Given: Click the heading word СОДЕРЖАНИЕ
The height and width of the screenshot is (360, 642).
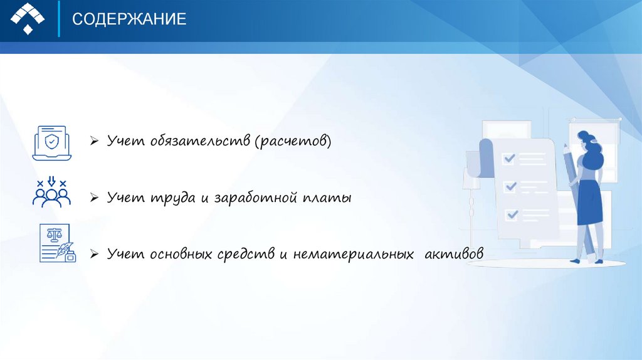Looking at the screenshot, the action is tap(129, 19).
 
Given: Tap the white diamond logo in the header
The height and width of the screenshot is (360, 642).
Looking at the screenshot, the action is tap(28, 18).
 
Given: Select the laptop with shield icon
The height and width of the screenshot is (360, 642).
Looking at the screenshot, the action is tap(51, 143).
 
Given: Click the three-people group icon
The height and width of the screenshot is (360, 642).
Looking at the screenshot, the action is tap(51, 192).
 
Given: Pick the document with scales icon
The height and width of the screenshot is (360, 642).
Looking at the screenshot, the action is tap(57, 243).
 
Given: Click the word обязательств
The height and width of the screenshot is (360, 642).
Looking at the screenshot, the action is tap(200, 140).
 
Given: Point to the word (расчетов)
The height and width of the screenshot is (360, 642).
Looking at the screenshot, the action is tap(293, 141).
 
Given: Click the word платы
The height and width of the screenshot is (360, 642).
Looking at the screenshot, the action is tap(327, 198).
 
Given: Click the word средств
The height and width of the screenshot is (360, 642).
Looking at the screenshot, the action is tap(246, 254).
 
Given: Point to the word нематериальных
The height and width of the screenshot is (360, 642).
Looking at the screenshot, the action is tap(354, 254).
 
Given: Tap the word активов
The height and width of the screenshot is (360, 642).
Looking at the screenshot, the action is tap(454, 253).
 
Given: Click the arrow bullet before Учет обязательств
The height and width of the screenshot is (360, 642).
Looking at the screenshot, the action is tap(94, 141).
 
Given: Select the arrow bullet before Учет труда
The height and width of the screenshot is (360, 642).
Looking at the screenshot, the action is tap(94, 198).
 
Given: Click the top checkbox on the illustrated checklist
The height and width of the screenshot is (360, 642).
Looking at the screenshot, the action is tap(509, 158).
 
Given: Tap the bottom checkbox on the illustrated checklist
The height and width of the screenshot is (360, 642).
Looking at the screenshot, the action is tap(512, 214).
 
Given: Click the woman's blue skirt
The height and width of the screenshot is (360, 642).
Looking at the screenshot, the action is tap(590, 202).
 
